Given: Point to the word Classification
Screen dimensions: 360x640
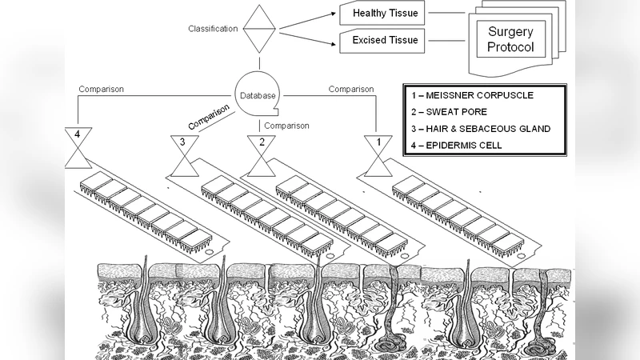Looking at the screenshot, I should (213, 29).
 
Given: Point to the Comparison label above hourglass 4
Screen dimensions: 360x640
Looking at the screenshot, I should (101, 89).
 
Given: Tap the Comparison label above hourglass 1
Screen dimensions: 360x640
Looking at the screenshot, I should (351, 89).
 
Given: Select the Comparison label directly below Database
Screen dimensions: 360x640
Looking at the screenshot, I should (286, 126).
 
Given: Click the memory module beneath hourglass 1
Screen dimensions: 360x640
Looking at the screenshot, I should (460, 216).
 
